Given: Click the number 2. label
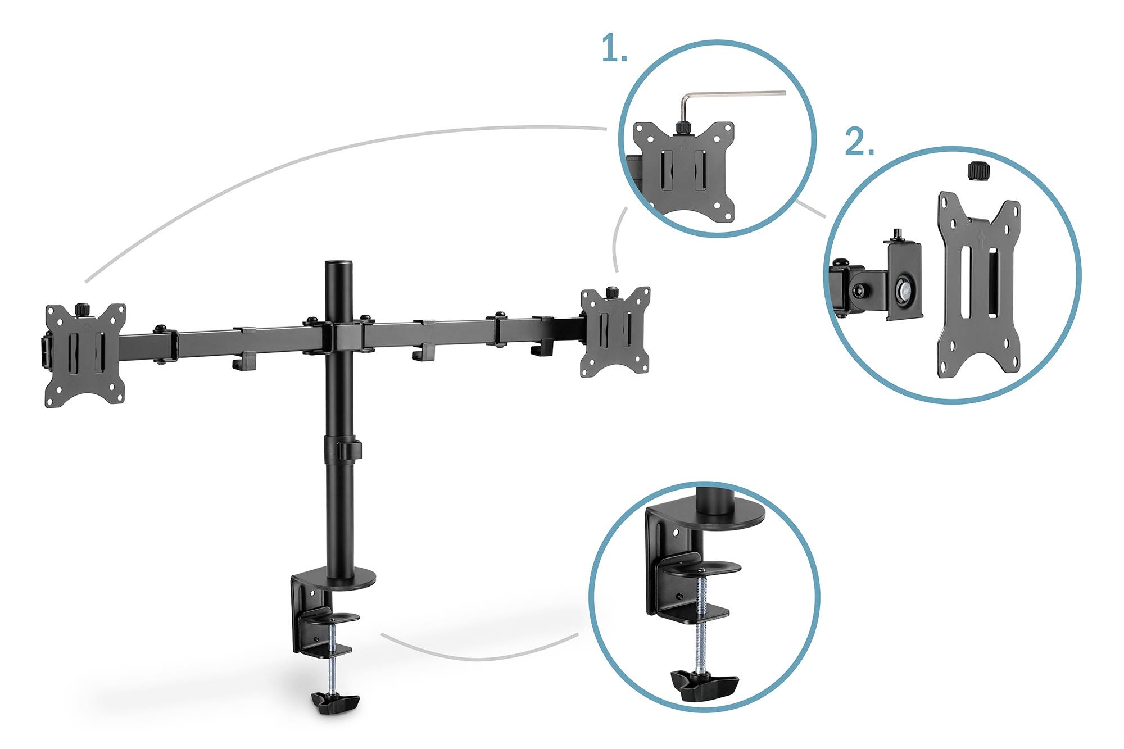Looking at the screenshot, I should click(859, 143).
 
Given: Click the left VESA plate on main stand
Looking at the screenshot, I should click(85, 355).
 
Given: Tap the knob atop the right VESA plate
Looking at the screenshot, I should click(611, 293).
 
